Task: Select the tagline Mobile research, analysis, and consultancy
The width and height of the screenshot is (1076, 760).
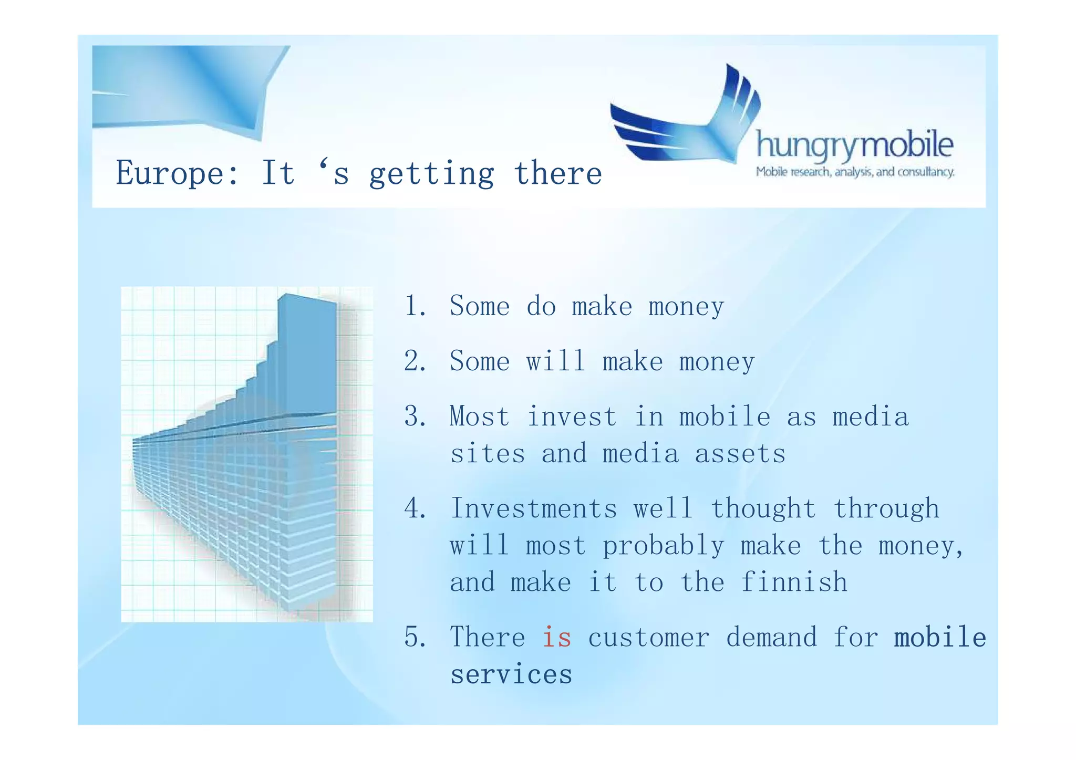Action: point(855,172)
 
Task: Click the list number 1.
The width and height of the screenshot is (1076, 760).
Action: point(414,306)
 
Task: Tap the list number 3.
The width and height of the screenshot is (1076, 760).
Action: point(415,417)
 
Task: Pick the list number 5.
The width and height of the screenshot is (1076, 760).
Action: point(415,637)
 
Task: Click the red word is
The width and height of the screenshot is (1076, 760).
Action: point(556,637)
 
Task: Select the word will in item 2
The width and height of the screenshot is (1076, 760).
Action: point(556,361)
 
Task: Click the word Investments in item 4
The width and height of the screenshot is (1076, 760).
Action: point(533,508)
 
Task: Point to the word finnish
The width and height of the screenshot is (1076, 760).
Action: point(794,582)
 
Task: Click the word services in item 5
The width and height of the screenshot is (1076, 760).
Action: point(511,674)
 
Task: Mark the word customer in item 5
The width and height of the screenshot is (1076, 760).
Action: point(648,638)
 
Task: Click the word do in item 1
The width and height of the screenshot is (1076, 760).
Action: point(541,306)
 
